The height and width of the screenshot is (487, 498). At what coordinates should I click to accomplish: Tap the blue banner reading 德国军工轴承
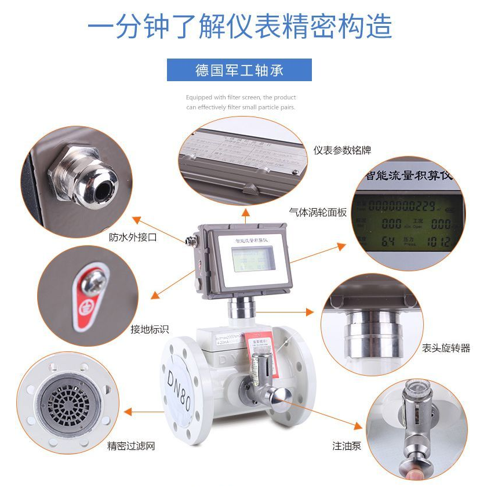point(239,70)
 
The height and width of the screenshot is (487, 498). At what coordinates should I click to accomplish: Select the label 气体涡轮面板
point(318,212)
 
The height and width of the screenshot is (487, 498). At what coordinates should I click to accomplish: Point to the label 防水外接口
point(133,237)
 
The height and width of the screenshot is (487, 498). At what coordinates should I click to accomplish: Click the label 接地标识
point(150,329)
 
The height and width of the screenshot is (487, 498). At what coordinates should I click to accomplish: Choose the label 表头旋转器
point(446,348)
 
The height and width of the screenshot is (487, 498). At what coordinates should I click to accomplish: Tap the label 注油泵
point(347,446)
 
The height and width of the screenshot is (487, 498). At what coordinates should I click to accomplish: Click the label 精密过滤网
point(131,446)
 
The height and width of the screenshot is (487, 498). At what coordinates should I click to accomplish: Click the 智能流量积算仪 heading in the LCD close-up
point(409,175)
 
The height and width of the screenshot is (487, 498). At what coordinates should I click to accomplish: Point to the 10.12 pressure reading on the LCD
point(438,241)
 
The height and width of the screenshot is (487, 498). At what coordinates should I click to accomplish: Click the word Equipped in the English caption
point(197,97)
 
